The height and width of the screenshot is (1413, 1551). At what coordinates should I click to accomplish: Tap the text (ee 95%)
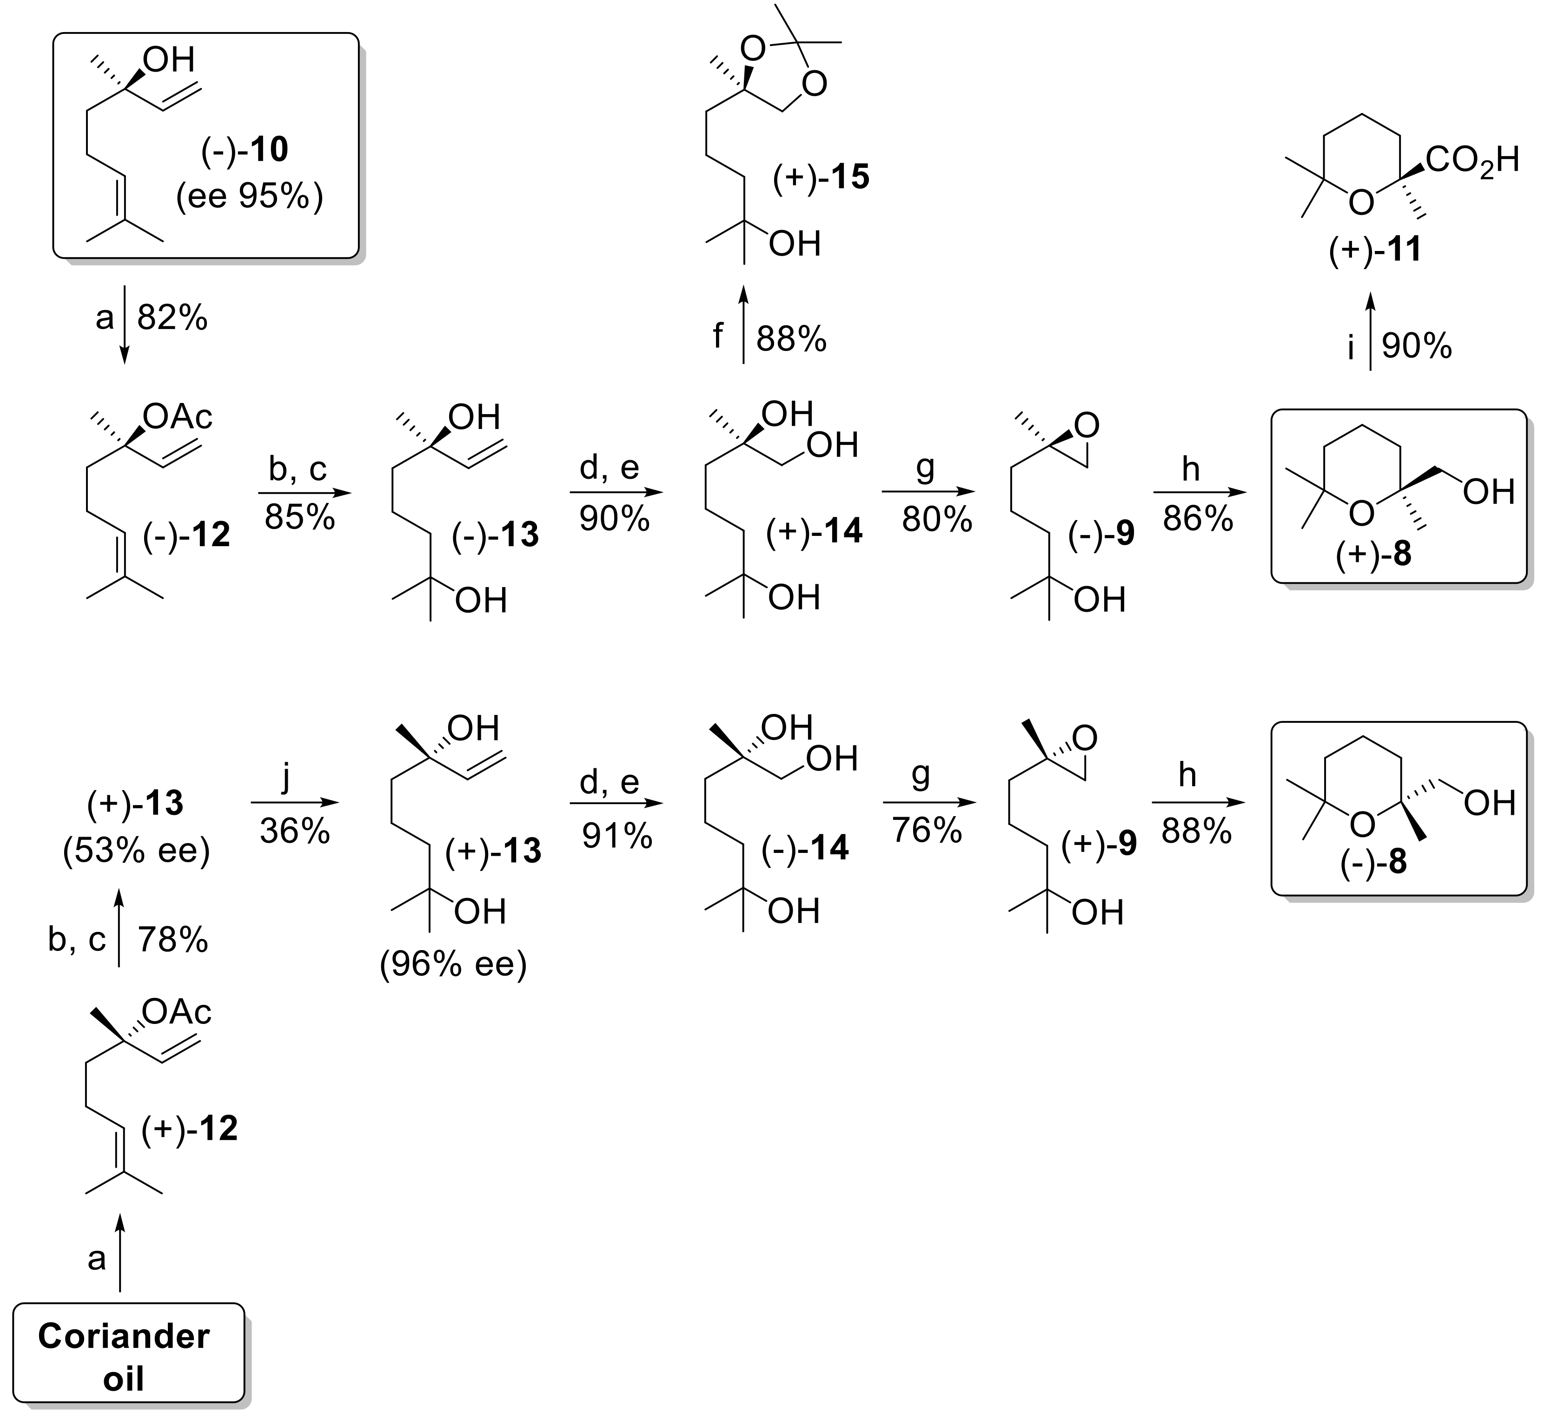[249, 198]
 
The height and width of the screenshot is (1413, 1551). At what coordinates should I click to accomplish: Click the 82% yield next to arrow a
[172, 317]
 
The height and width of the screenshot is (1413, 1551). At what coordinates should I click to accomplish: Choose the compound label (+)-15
[821, 177]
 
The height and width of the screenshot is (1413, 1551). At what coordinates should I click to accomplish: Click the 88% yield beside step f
[791, 338]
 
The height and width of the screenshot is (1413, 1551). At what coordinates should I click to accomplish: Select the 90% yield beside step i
[1416, 346]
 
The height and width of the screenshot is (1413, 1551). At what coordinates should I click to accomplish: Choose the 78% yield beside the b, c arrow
[172, 940]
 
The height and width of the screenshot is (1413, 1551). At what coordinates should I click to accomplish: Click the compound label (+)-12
[189, 1129]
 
